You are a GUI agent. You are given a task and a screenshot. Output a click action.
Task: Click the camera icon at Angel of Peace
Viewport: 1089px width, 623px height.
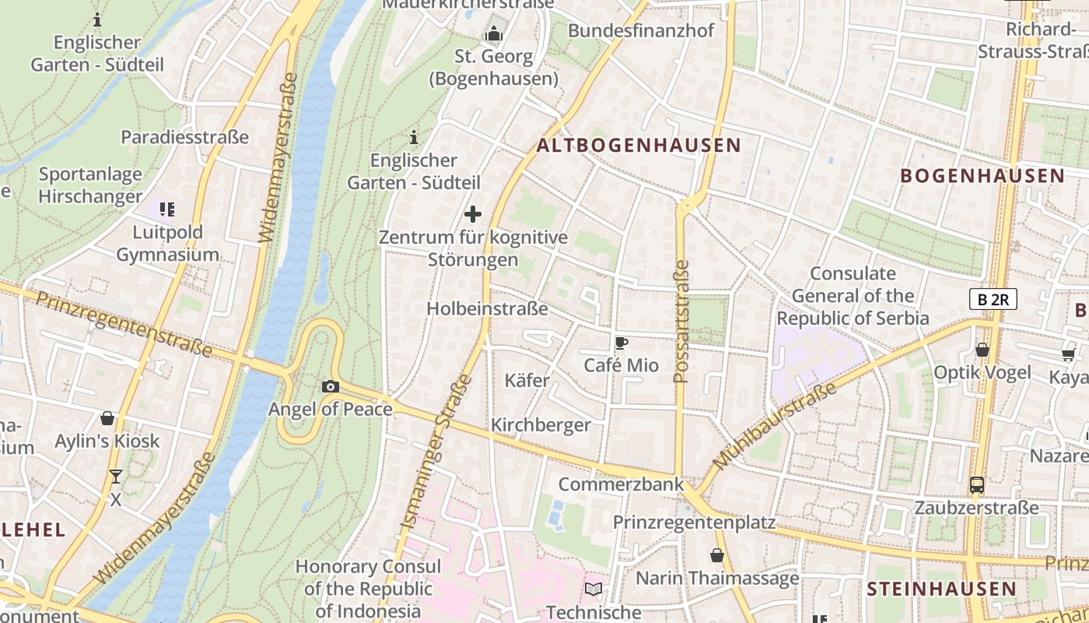point(330,386)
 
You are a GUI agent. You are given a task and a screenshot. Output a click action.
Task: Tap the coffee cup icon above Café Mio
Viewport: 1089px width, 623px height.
point(621,343)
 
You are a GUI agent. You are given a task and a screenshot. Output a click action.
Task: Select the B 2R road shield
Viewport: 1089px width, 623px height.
point(993,299)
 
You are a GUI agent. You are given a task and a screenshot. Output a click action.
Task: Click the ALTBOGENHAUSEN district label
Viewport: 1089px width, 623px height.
point(639,146)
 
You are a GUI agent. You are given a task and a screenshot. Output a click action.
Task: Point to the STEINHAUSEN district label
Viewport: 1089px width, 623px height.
point(941,589)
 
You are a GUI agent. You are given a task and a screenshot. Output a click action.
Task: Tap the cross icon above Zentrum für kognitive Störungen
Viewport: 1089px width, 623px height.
point(472,214)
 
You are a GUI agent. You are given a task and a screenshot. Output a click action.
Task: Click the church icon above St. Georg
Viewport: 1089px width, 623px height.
point(493,34)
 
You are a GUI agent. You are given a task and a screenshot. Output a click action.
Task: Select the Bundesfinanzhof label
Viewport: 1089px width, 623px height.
point(641,31)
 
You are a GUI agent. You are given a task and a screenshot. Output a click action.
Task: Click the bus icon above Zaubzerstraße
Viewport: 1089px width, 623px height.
point(977,485)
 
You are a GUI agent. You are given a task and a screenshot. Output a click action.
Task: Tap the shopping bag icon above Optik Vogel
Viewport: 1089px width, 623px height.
point(982,350)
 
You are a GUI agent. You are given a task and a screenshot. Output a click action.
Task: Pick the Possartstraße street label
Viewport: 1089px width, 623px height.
point(681,322)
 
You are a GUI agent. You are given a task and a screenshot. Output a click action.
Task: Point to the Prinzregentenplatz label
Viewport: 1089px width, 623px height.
point(694,523)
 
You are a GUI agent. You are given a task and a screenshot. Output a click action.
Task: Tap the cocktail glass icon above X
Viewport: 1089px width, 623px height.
point(116,477)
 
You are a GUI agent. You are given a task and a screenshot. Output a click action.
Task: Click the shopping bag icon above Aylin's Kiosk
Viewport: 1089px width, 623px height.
point(107,419)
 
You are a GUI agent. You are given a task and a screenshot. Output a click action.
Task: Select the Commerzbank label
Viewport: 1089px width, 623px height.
point(621,484)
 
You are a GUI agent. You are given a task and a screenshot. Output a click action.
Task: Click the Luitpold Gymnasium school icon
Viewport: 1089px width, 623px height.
point(166,209)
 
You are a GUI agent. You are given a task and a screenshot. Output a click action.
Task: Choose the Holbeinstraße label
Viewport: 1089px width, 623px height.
point(487,309)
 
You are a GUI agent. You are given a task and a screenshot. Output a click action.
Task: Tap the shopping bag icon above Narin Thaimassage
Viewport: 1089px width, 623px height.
point(716,556)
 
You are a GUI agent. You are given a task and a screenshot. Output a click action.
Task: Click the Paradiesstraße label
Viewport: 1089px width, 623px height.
point(184,137)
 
